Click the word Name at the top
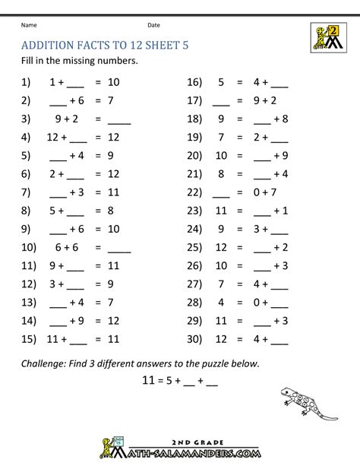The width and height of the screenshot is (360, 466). tap(28, 25)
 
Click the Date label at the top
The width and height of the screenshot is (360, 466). tap(153, 25)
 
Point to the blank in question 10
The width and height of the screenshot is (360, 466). tap(120, 248)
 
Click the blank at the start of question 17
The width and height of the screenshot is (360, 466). tap(222, 100)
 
